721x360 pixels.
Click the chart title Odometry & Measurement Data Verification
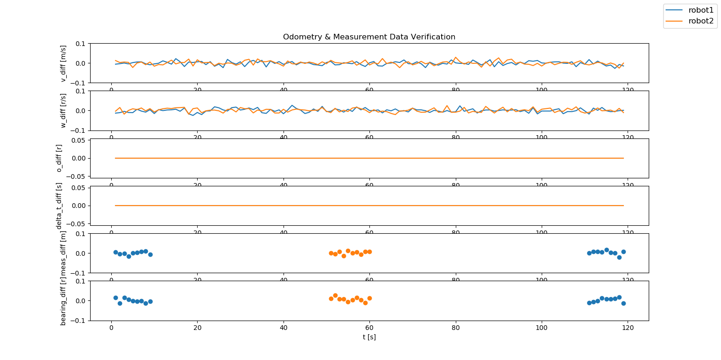pos(369,37)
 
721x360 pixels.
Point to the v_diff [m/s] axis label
pos(63,63)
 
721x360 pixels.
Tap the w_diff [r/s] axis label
pos(63,111)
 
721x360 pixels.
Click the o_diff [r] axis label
pos(59,158)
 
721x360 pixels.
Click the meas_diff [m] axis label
pos(63,253)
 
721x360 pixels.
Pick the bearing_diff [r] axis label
pos(63,300)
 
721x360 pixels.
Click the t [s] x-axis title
pos(369,337)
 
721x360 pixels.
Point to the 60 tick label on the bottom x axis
pos(369,329)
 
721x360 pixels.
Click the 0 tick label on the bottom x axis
pos(111,329)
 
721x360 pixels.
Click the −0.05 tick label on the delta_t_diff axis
pos(77,224)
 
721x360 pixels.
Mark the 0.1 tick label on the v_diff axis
pos(80,44)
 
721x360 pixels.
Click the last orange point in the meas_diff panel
pos(369,252)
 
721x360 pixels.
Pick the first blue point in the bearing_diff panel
pos(115,298)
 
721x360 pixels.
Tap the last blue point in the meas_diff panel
pos(623,252)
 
